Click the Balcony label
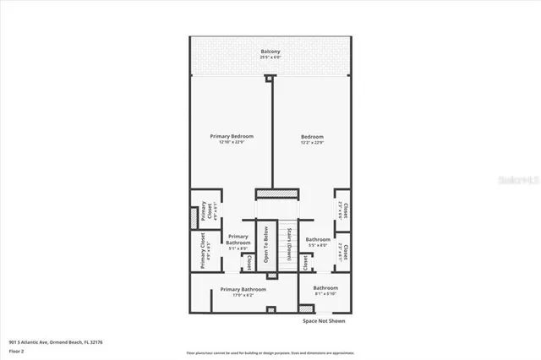coord(270,52)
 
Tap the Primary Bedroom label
coord(232,136)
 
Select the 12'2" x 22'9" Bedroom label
coord(312,137)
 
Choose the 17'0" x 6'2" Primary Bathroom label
coord(243,290)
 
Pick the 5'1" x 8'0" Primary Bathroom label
coord(238,240)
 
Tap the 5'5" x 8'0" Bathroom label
coord(318,240)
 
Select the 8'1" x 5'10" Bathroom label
coord(325,288)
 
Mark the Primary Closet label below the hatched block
coord(203,252)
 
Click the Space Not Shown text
coord(324,321)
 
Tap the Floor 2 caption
coord(16,350)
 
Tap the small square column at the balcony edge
coord(270,79)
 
